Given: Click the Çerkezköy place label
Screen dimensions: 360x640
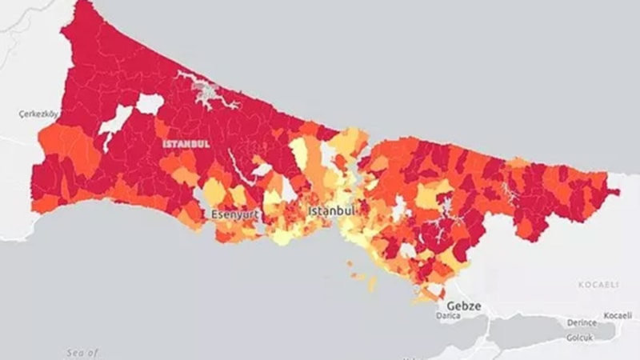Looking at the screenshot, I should coord(36,114).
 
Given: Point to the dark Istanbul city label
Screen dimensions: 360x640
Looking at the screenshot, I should coord(331,210).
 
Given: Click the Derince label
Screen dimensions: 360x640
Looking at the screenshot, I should coord(582,322).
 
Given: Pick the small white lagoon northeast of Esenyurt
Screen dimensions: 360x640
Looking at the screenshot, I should coord(261,170).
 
